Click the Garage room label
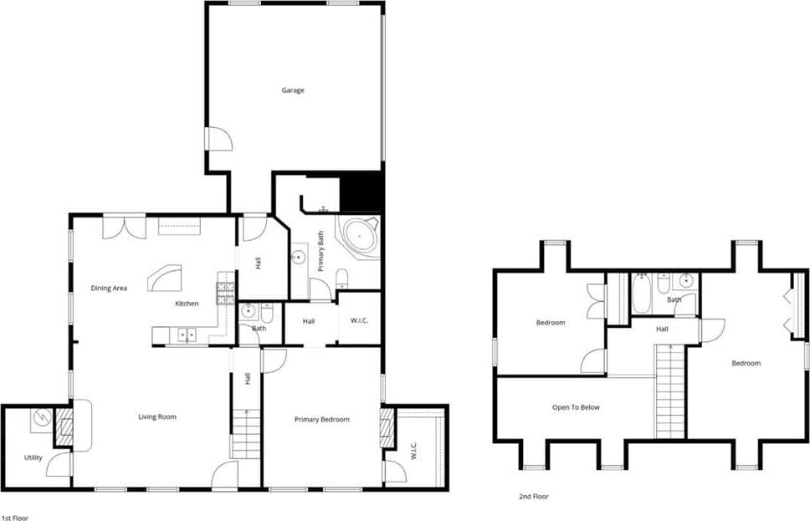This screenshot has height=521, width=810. point(293,90)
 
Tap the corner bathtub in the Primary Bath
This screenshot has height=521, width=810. point(357,235)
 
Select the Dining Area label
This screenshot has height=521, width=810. point(109,289)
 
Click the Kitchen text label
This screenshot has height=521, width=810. point(187,304)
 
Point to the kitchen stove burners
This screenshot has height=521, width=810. point(225,294)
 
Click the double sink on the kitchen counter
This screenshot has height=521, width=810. point(187,335)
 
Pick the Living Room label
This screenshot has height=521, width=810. point(157,416)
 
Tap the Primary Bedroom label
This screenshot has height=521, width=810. point(322,419)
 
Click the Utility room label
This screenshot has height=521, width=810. point(33,457)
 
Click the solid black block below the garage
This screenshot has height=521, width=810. point(361,192)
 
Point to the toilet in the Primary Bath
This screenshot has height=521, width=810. point(341,278)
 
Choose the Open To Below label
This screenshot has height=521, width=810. point(576,407)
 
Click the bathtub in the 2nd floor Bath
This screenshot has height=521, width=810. point(642,294)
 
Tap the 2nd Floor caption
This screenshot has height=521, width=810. point(534,497)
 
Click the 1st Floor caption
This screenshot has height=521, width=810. point(15,518)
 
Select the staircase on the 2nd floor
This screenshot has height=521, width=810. point(670,391)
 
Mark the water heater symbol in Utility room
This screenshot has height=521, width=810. point(41,419)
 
